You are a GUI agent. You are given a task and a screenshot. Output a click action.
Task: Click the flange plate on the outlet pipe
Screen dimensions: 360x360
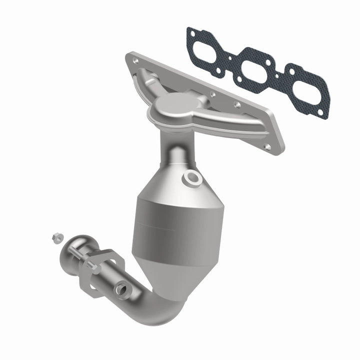point(102,272)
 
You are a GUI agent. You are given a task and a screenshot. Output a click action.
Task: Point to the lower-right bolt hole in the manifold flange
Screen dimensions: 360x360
point(268,147)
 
